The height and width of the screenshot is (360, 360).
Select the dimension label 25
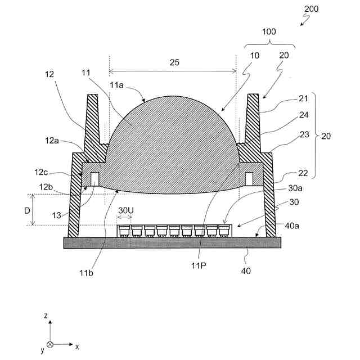pos(174,62)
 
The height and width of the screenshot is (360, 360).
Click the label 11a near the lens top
pos(117,84)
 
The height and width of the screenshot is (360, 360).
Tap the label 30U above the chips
pos(125,210)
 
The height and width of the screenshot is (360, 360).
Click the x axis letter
pos(77,345)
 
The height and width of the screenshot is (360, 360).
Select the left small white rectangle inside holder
pos(95,179)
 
